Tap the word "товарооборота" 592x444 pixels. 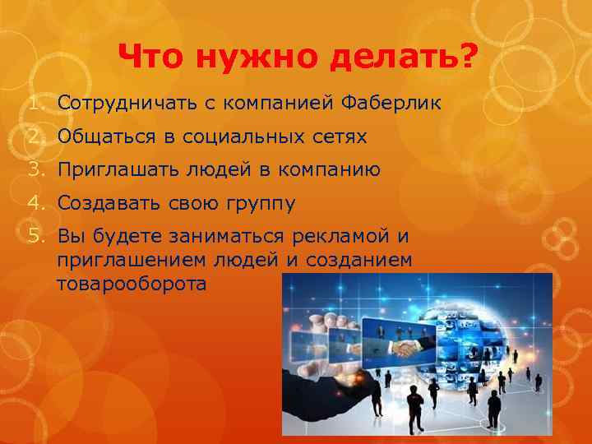[132, 284]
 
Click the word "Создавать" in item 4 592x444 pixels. [105, 202]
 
